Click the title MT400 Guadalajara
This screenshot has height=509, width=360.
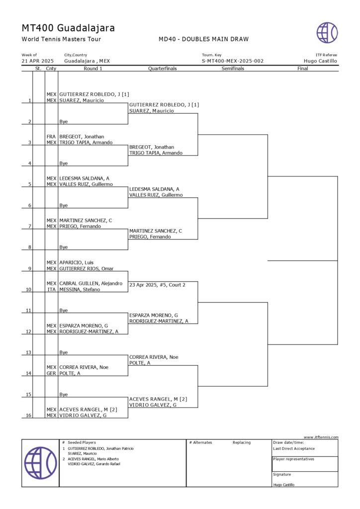tap(68, 28)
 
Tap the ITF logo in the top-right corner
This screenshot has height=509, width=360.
tap(327, 33)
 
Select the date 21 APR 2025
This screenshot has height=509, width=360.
tap(38, 61)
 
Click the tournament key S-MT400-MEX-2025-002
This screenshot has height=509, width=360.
tap(232, 61)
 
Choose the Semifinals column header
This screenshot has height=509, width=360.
tap(233, 69)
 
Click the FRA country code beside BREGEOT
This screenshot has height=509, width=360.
tap(51, 137)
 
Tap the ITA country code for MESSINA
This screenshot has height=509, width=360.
tap(51, 289)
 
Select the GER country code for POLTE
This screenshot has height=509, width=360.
tap(51, 373)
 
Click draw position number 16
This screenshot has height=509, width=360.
tap(29, 415)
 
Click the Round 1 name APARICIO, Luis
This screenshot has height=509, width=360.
tap(77, 262)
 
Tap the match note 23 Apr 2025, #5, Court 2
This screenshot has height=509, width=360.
tap(157, 285)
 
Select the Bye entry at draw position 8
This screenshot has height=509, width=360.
tap(64, 247)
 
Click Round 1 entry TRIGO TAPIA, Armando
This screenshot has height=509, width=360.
tap(86, 143)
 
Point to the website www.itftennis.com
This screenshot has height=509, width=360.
tap(321, 437)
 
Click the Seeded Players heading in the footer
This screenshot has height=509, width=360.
tap(82, 442)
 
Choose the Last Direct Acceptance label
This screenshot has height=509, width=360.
tap(294, 448)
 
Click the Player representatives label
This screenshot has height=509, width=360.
tap(293, 459)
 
